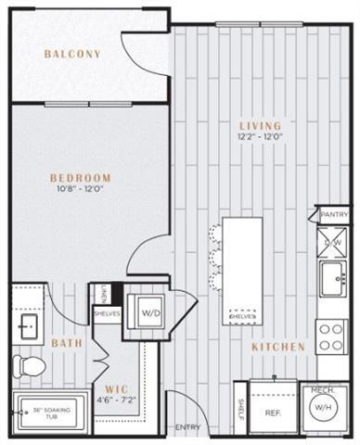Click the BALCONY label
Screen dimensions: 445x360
pyautogui.click(x=71, y=54)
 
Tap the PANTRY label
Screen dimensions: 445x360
pyautogui.click(x=334, y=214)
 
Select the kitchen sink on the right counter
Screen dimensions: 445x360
pyautogui.click(x=332, y=277)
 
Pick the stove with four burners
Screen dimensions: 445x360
pyautogui.click(x=331, y=337)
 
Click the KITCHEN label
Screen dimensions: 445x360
pyautogui.click(x=278, y=347)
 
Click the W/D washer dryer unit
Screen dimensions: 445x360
pyautogui.click(x=149, y=312)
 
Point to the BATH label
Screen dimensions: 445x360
pyautogui.click(x=67, y=343)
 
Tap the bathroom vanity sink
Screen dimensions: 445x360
pyautogui.click(x=27, y=325)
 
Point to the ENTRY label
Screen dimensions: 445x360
pyautogui.click(x=187, y=426)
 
